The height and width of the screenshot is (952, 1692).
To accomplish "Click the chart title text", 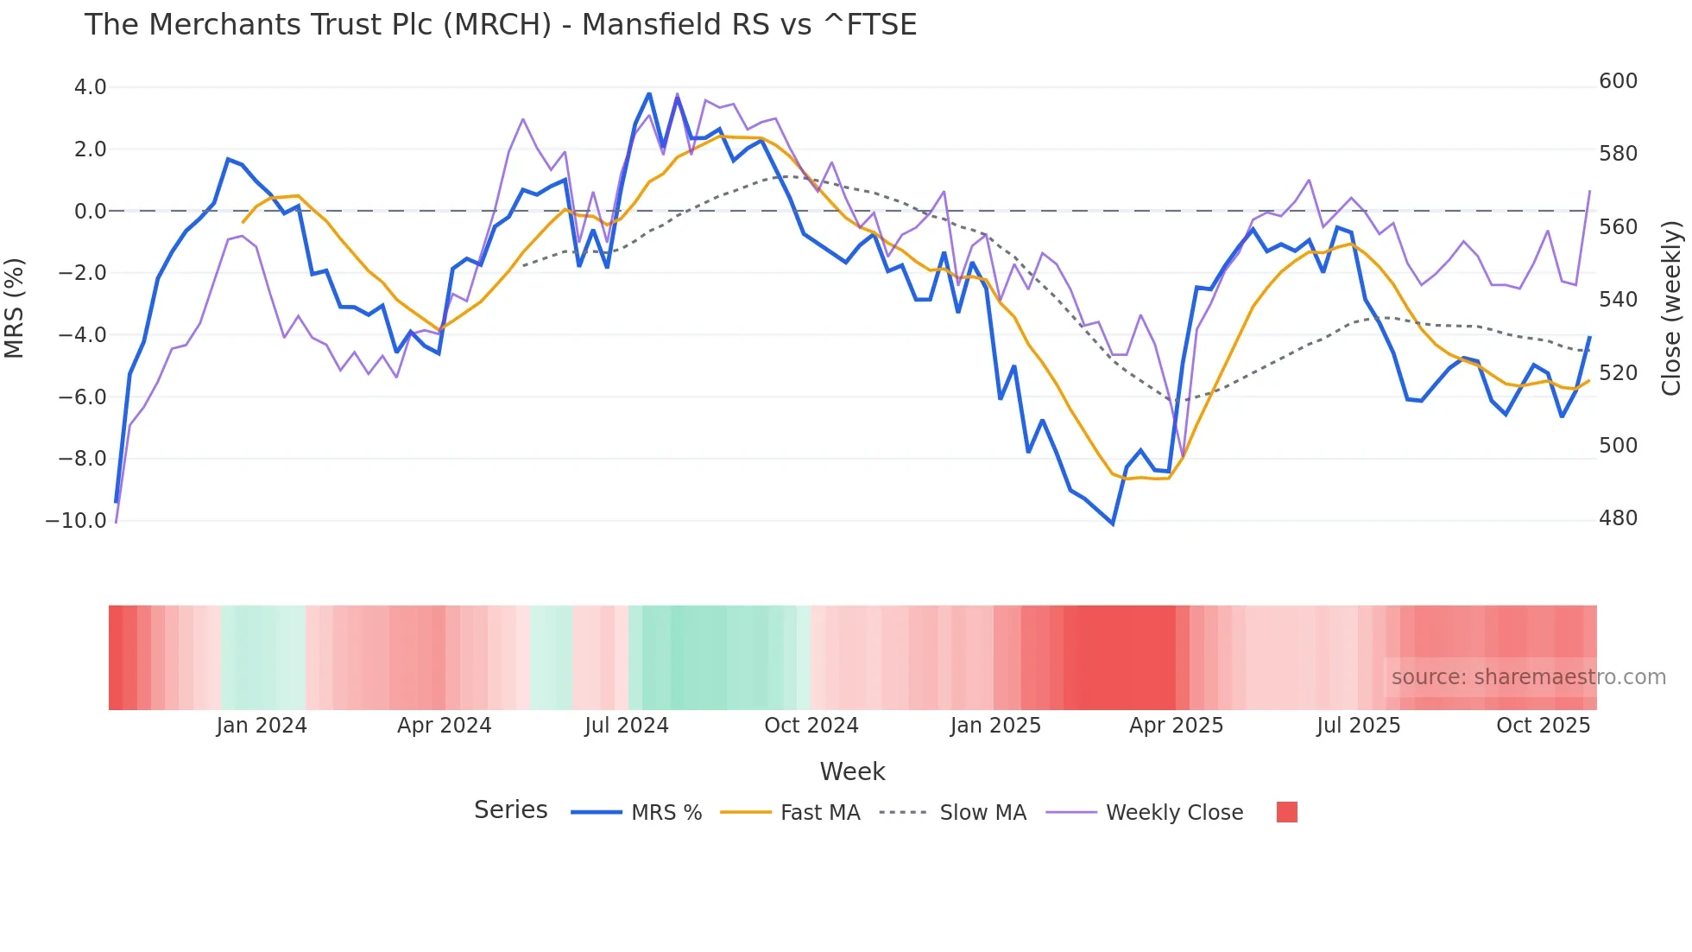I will click(501, 25).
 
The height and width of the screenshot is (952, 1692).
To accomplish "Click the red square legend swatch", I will click(1286, 812).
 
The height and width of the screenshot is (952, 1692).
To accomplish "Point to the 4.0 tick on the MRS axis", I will click(90, 87).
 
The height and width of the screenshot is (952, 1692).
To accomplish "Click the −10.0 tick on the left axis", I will click(76, 521).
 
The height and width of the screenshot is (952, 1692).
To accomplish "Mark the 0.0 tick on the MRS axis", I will click(90, 212).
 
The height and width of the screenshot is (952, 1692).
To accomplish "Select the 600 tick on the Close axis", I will click(1618, 81).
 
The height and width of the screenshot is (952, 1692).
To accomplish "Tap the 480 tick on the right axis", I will click(1618, 518).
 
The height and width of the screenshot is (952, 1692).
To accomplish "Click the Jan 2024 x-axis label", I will click(262, 726).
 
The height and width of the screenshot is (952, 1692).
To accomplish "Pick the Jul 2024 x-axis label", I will click(627, 726).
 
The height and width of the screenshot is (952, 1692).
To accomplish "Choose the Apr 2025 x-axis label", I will click(1176, 726).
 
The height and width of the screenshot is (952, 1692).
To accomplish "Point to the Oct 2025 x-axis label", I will click(1543, 726).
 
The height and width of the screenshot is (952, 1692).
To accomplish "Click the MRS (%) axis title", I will click(15, 308).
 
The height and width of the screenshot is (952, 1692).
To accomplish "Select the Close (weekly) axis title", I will click(1671, 308).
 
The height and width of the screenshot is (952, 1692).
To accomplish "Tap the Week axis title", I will click(852, 771).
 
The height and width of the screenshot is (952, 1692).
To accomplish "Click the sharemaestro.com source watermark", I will click(1528, 677).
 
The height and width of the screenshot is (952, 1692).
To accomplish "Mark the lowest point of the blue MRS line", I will click(1113, 524).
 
